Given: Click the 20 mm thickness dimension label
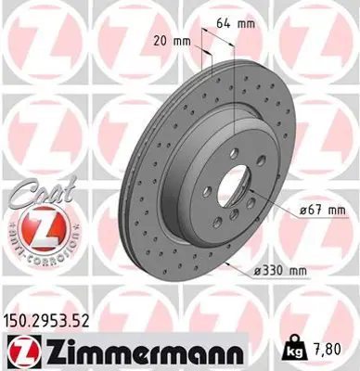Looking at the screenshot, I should (170, 41).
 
